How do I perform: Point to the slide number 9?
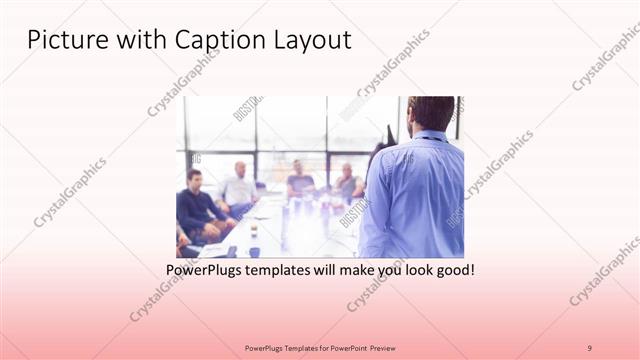(589, 347)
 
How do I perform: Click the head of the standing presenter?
(431, 113)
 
